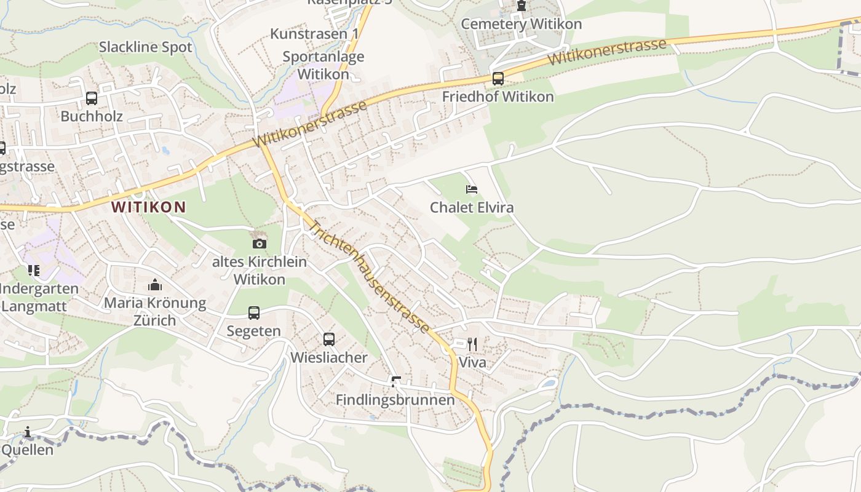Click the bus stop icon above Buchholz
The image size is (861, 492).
[92, 98]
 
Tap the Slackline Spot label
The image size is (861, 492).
[146, 47]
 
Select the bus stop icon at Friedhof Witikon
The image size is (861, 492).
[498, 79]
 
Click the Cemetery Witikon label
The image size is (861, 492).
[521, 24]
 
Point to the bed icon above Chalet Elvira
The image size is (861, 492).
[472, 189]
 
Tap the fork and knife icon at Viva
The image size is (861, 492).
[472, 344]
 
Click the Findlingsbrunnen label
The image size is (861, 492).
[395, 400]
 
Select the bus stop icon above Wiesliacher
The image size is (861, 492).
[329, 339]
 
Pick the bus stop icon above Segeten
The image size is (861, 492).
[254, 312]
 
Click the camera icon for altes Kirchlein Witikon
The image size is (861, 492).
[260, 244]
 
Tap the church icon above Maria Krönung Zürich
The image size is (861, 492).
[155, 285]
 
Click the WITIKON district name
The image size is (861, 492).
[149, 207]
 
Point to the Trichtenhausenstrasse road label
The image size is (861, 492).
[368, 277]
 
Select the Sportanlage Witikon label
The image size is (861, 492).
[323, 65]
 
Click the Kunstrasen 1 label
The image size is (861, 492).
[314, 34]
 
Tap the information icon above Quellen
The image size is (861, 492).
[28, 432]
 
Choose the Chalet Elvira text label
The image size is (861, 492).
[472, 207]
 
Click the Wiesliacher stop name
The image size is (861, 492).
[329, 357]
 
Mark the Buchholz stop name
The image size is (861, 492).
[92, 116]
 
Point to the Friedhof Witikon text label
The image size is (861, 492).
[498, 97]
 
